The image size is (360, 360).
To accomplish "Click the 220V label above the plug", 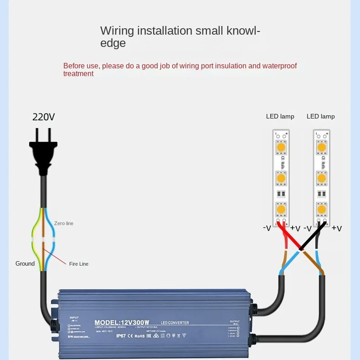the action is click(43, 117).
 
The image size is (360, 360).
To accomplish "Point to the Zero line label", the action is click(63, 223).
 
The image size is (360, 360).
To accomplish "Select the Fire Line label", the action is click(79, 264).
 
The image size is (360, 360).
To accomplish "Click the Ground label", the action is click(25, 263).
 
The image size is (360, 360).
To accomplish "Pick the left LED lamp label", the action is click(280, 116).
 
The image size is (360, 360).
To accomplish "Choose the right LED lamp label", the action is click(320, 116).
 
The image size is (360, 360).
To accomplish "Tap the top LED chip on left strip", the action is click(281, 148).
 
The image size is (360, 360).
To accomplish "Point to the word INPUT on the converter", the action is click(74, 317).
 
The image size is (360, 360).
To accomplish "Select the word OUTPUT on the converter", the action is click(235, 321).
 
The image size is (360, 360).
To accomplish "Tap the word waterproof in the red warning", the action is click(279, 66).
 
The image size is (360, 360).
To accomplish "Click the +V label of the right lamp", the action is click(336, 228).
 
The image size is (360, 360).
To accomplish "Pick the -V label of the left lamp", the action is click(267, 228).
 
